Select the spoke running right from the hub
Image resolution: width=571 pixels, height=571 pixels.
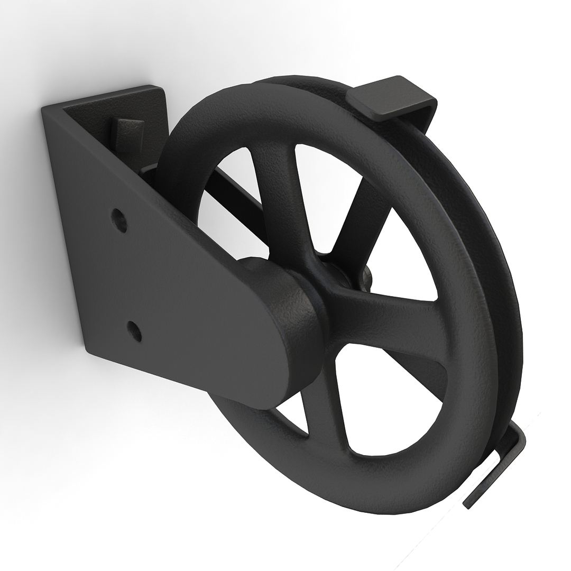click(x=402, y=317)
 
